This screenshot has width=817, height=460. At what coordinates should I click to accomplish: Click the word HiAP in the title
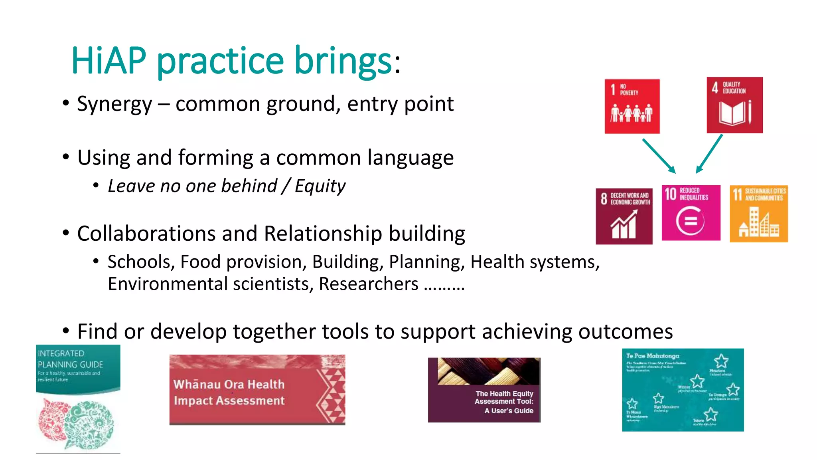[109, 61]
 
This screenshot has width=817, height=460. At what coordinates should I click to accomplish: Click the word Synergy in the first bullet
[114, 104]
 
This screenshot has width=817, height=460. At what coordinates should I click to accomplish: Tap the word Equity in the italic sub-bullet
[320, 186]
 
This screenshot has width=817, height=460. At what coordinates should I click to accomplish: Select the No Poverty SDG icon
[632, 106]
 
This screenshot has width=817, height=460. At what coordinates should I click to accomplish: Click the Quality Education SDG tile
[734, 105]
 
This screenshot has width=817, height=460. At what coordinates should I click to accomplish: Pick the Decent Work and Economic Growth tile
[624, 216]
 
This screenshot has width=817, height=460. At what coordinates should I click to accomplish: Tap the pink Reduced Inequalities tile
[691, 213]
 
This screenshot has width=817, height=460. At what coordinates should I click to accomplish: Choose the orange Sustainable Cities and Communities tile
[758, 214]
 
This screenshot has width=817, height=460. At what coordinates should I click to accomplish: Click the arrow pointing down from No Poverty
[659, 156]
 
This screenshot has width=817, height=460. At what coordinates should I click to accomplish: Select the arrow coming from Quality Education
[709, 154]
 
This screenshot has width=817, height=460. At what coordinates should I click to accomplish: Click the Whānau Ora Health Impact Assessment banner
[257, 390]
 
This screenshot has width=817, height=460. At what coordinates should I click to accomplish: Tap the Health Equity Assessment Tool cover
[484, 390]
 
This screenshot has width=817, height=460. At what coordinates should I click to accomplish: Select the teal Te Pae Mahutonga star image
[683, 390]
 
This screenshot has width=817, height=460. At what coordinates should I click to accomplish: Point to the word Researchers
[368, 284]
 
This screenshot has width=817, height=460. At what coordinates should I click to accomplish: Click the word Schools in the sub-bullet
[139, 262]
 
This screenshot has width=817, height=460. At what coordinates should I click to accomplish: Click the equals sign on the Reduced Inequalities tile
[691, 221]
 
